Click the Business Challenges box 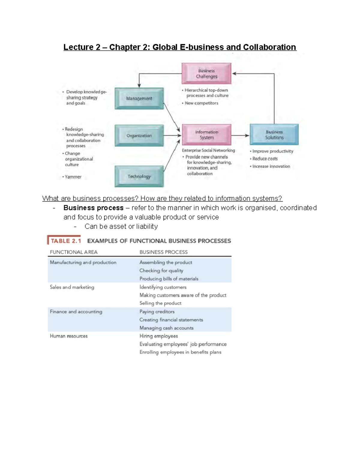click(x=206, y=74)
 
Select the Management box click(x=139, y=98)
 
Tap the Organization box click(x=139, y=136)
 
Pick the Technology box click(x=139, y=176)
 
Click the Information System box click(x=207, y=135)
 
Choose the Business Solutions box click(x=274, y=135)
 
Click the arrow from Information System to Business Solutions click(x=240, y=135)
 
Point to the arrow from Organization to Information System click(x=172, y=135)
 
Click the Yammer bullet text click(x=73, y=177)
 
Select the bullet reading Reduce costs click(x=265, y=159)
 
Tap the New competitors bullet click(x=201, y=103)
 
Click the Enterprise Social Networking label click(x=208, y=150)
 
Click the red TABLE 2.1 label click(x=65, y=241)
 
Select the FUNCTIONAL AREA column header click(x=73, y=252)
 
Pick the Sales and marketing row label click(x=72, y=287)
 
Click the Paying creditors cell click(x=157, y=312)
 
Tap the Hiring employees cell click(x=158, y=336)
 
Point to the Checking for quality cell click(x=161, y=271)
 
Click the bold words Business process click(x=93, y=208)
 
